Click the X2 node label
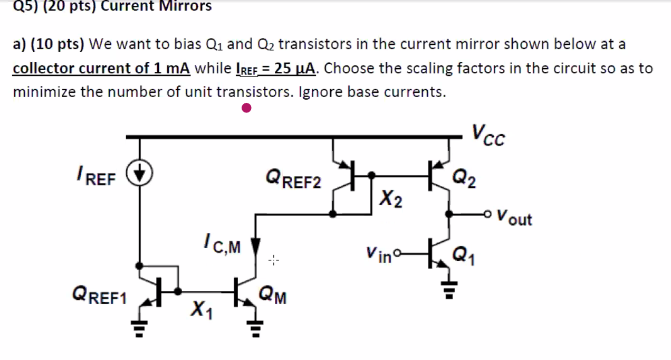click(x=391, y=200)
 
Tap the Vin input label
click(x=379, y=256)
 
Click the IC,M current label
click(x=221, y=244)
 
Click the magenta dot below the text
click(x=246, y=109)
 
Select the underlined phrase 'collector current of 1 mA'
click(x=101, y=69)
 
